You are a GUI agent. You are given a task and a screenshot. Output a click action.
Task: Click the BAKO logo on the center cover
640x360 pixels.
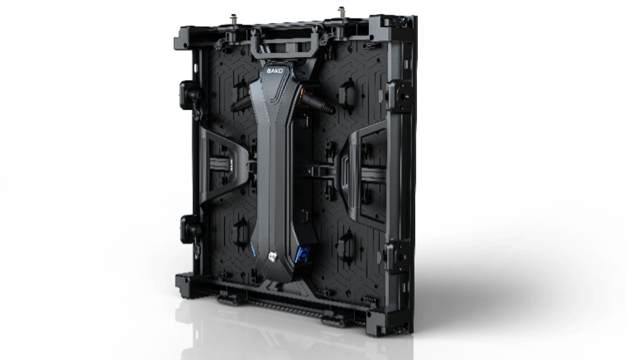(x=275, y=70)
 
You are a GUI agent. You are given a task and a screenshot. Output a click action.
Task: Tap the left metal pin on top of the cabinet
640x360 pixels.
(x=234, y=19)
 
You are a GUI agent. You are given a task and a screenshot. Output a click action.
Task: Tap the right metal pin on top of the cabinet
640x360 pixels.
(x=341, y=12)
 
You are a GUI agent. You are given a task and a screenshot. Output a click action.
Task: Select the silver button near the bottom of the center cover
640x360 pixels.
(x=272, y=256)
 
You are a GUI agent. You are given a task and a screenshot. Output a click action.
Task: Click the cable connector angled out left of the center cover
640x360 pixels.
(x=242, y=104)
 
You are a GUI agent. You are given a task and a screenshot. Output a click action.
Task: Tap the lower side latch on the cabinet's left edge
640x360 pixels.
(x=190, y=230)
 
